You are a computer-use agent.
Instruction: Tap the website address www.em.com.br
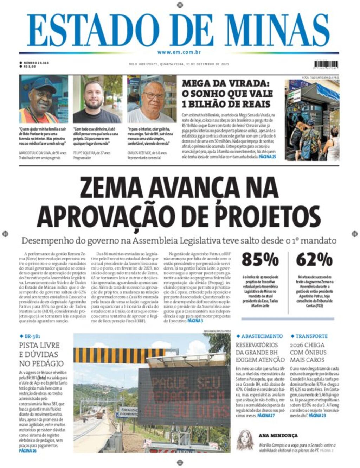[179, 52]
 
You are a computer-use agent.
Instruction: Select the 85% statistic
[260, 260]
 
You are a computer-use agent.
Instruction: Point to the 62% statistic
[314, 260]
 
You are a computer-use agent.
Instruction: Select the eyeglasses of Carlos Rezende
[153, 95]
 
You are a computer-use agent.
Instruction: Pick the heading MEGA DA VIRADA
[225, 84]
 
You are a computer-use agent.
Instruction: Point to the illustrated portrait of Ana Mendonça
[245, 440]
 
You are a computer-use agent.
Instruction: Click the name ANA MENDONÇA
[278, 435]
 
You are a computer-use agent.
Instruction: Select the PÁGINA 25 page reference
[267, 157]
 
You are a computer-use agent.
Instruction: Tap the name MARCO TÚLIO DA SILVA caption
[35, 153]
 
